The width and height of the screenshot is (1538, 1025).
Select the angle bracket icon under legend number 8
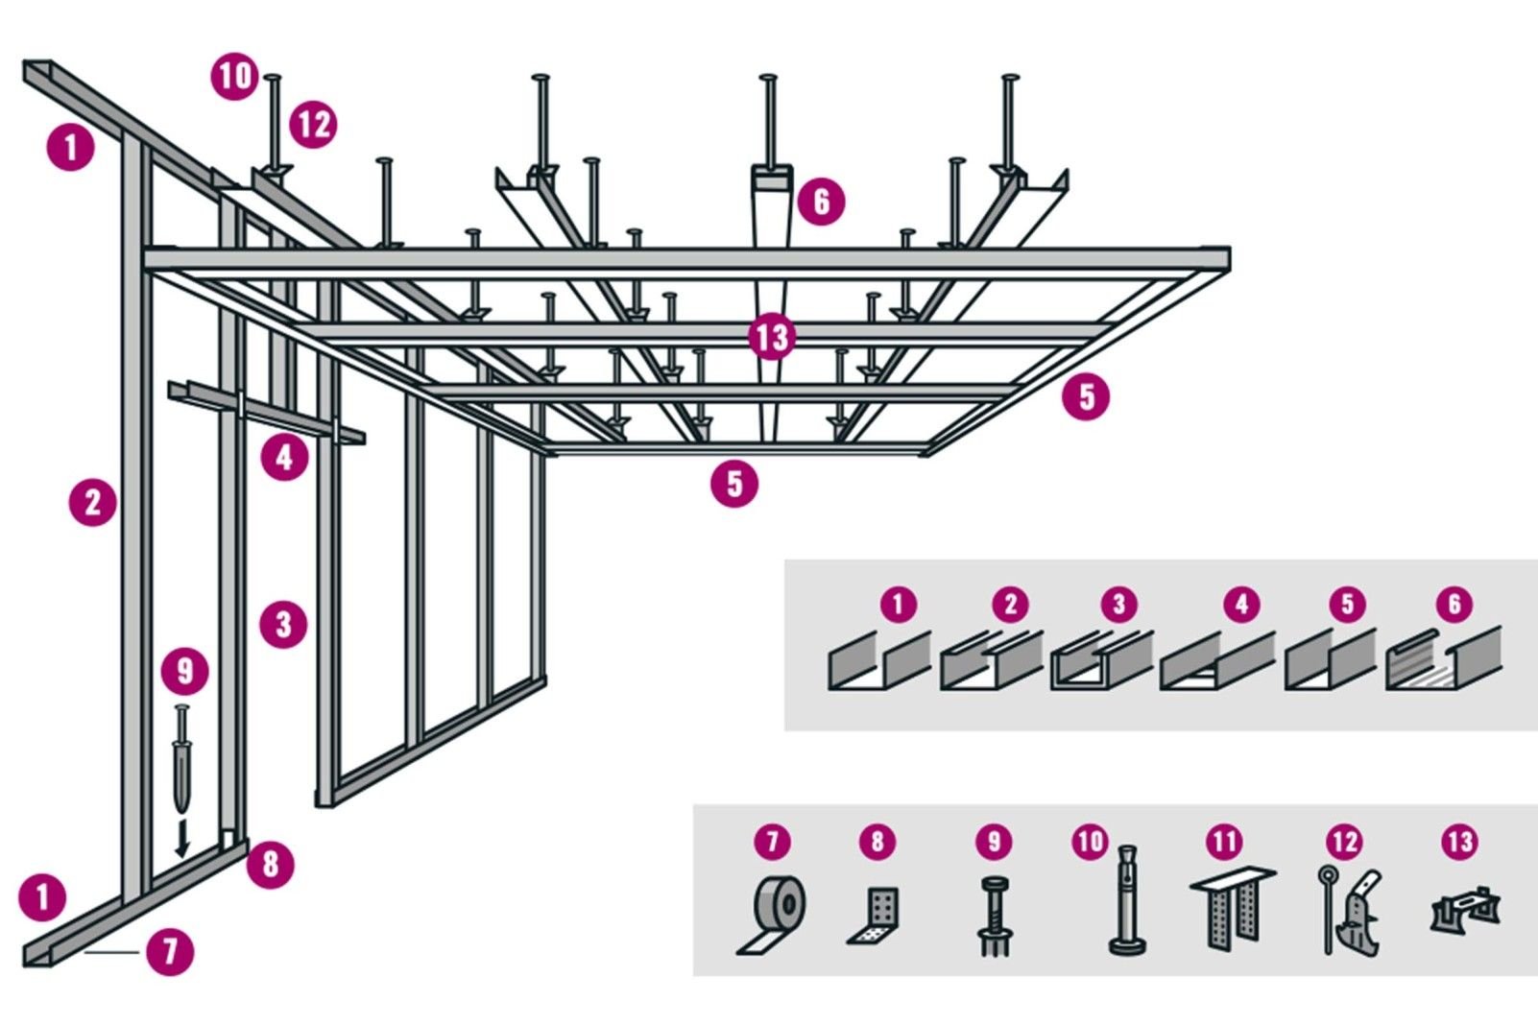[x=877, y=916]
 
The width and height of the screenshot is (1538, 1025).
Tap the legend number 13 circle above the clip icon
[x=1458, y=842]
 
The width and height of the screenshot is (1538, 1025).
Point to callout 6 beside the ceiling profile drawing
[x=821, y=202]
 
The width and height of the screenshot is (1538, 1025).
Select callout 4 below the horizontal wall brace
[x=284, y=457]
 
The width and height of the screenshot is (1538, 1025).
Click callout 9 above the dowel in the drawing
[x=185, y=670]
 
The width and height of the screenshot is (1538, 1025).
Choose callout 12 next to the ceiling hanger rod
[x=313, y=124]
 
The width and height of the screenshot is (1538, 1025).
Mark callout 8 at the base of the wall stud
[x=271, y=864]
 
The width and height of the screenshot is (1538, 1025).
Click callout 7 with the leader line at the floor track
[x=170, y=951]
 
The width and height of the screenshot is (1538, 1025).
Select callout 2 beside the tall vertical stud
[x=93, y=502]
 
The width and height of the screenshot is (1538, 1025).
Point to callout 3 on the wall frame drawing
[x=283, y=625]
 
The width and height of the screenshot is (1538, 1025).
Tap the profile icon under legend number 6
[x=1442, y=659]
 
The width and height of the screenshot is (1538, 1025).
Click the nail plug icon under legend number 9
[x=994, y=916]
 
